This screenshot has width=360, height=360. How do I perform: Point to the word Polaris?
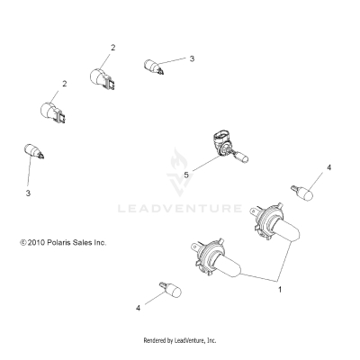(60, 242)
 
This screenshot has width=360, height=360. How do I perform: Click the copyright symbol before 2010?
(10, 242)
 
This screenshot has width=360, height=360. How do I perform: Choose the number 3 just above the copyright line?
(27, 193)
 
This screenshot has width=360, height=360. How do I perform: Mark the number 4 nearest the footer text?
(138, 309)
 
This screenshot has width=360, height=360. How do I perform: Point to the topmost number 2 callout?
(112, 46)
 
